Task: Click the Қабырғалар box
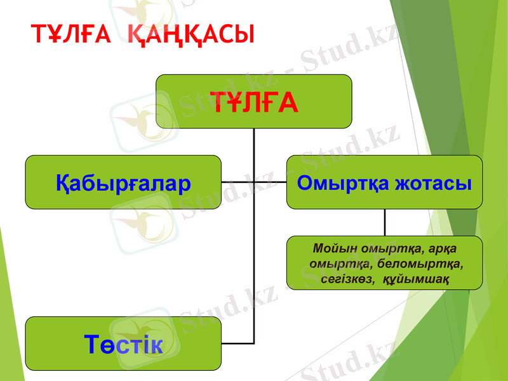pos(123,182)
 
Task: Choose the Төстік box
pos(123,344)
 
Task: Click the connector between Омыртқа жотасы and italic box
pos(385,222)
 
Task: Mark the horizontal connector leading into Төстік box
pos(237,344)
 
